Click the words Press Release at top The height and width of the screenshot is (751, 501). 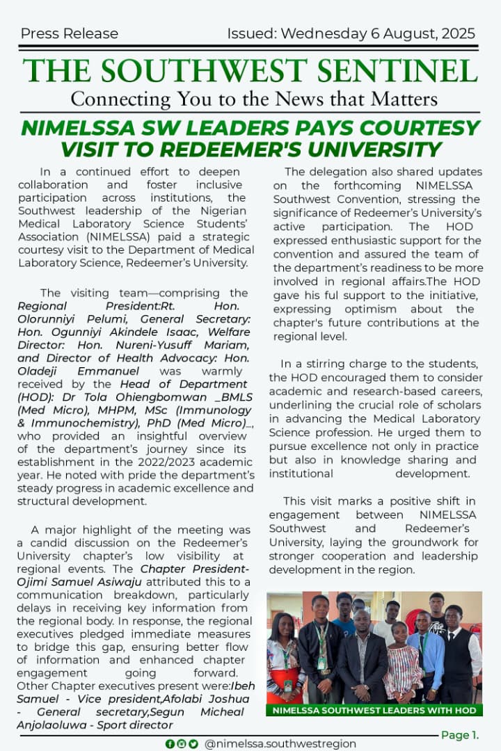pyautogui.click(x=70, y=33)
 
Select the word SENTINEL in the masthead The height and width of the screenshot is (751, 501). pyautogui.click(x=402, y=71)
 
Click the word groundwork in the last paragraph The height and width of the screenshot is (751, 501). pyautogui.click(x=422, y=542)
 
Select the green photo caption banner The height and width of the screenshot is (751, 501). pyautogui.click(x=374, y=710)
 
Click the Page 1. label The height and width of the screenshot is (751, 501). pyautogui.click(x=460, y=735)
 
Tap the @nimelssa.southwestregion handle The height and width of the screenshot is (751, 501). pyautogui.click(x=280, y=743)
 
